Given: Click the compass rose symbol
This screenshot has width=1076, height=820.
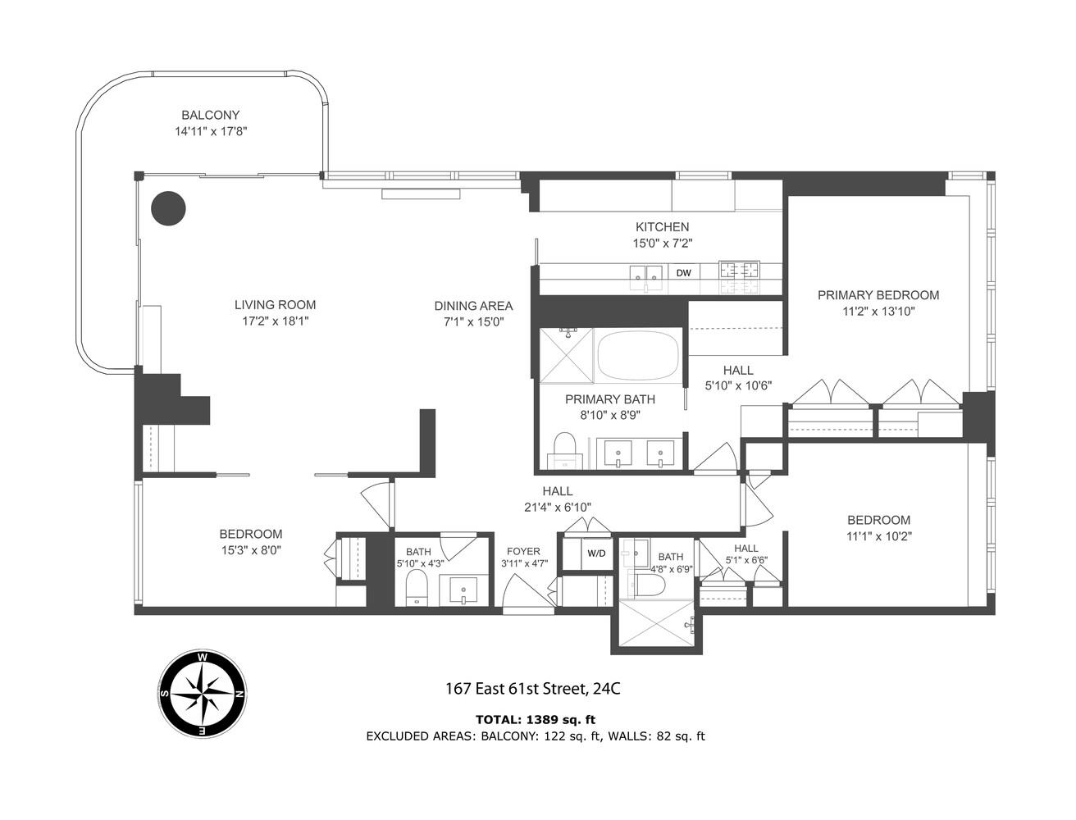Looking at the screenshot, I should tap(202, 693).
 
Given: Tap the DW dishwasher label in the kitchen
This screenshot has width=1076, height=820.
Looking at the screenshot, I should tap(683, 272).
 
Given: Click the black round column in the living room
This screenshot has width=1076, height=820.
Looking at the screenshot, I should tap(168, 208).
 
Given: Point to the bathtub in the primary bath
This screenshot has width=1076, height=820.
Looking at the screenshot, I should tap(639, 354).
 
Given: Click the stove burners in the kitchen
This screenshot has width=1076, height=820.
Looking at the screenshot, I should tap(739, 276).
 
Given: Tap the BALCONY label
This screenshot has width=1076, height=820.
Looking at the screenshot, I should tap(211, 116).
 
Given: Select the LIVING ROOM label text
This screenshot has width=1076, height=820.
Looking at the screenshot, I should tap(275, 305).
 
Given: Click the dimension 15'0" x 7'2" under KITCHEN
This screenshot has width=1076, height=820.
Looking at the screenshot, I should tap(661, 244).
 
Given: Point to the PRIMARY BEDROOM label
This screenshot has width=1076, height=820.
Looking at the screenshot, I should tap(878, 295).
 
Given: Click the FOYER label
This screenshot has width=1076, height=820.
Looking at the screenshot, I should tap(523, 551).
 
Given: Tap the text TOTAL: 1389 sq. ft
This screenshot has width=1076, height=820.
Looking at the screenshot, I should tap(535, 719).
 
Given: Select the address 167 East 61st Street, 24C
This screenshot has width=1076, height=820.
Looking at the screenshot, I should tap(532, 689).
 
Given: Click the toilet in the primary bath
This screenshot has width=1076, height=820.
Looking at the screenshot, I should tap(565, 451).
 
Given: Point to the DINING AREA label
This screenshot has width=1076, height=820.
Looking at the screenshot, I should tap(473, 306).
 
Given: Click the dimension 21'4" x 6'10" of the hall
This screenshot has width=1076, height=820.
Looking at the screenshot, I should tap(557, 507).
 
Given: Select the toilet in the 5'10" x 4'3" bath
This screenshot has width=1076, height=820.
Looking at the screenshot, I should tap(417, 589).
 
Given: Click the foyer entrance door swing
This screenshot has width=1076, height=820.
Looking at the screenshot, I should tap(525, 592).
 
